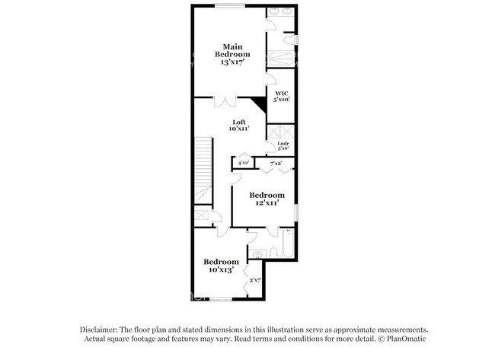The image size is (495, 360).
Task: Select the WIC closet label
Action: pos(281,93)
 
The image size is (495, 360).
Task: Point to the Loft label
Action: pos(239,122)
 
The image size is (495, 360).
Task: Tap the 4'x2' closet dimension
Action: pos(243,163)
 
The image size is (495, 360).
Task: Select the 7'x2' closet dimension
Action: pos(276,163)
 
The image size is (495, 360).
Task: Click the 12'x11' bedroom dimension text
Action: pos(267,203)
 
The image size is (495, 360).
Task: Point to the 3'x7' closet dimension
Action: pos(255,280)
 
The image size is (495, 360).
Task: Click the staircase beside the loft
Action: pos(203,171)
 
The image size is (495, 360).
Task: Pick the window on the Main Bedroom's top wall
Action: pos(228,7)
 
